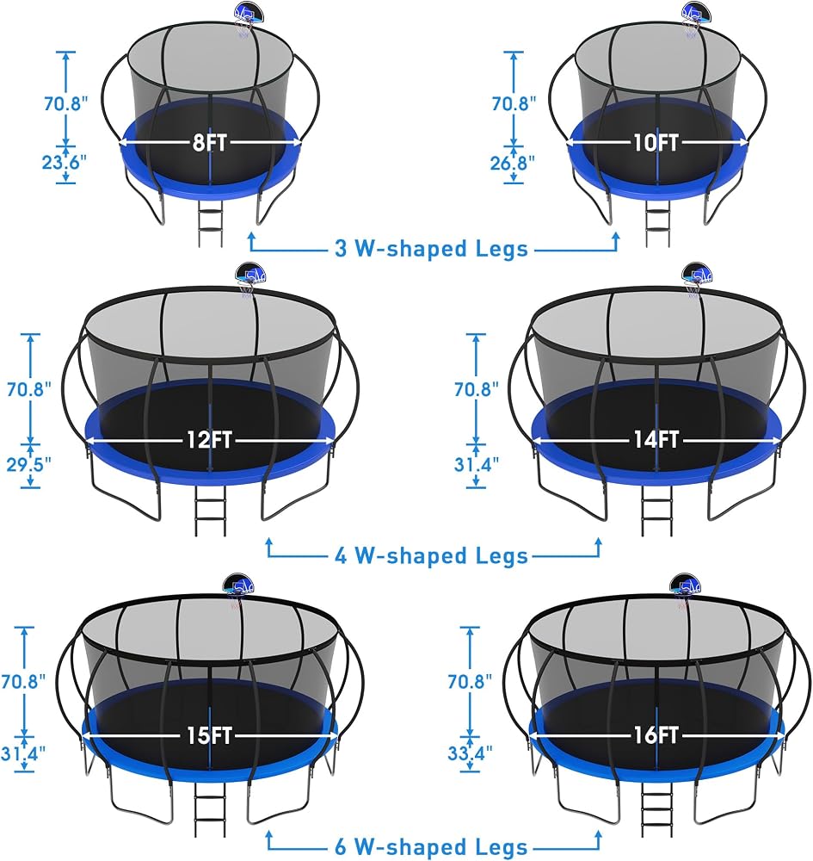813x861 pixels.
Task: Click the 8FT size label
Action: tap(210, 143)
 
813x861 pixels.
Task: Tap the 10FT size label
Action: tap(656, 143)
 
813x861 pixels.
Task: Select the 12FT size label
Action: tap(210, 440)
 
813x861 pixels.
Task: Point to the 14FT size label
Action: tap(656, 439)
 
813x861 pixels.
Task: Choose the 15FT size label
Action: tap(210, 736)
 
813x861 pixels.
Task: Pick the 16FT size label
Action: tap(656, 735)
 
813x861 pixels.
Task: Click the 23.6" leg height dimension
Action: tap(65, 163)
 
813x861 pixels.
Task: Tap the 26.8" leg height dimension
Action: tap(513, 163)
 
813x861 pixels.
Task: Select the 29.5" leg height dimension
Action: tap(28, 465)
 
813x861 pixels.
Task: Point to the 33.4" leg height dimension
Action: tap(470, 753)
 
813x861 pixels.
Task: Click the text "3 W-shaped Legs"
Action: tap(431, 249)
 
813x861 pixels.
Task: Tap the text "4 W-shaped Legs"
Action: tap(431, 555)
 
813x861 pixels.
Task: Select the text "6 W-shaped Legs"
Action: tap(431, 846)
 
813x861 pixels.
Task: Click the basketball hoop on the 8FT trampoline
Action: tap(248, 17)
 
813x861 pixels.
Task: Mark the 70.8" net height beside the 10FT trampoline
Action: tap(514, 103)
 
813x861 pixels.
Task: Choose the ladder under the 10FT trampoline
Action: tap(656, 220)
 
